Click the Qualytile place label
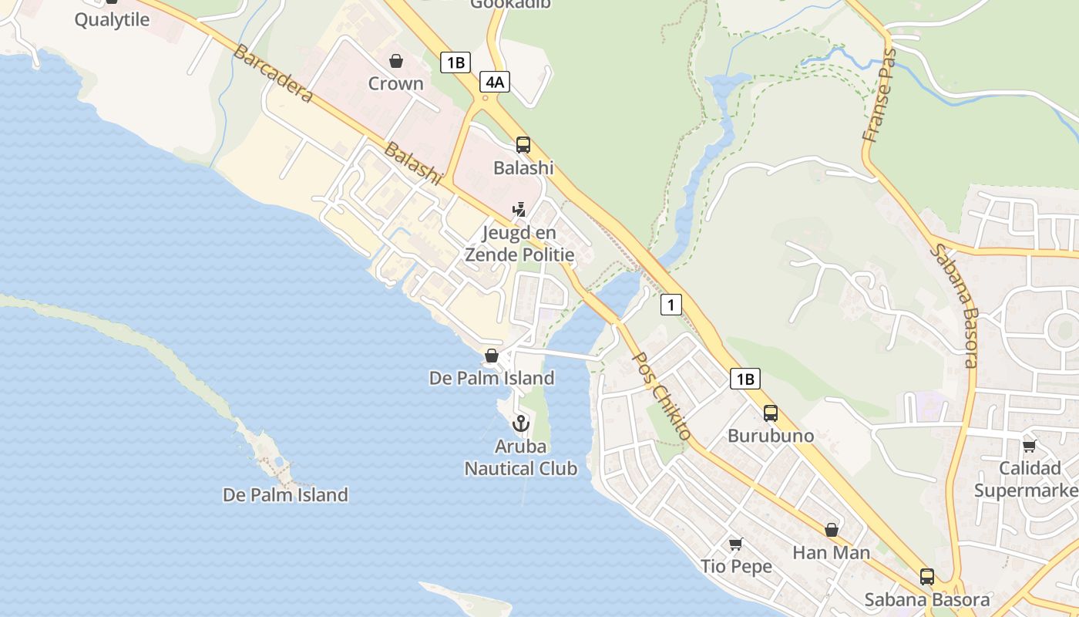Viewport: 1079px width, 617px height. pos(112,20)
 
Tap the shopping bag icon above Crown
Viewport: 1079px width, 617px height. pos(396,61)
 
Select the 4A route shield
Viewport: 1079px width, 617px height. pos(494,82)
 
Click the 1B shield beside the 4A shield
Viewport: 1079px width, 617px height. pos(455,62)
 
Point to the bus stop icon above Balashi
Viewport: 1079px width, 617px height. pos(523,145)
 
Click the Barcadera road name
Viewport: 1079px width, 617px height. pos(273,73)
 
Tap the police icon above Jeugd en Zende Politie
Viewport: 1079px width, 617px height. pos(520,209)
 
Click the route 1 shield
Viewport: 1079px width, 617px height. pos(671,305)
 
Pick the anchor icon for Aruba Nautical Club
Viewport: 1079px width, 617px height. pos(521,423)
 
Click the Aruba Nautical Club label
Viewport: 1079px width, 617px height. pos(521,457)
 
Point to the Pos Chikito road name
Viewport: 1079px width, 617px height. pos(661,396)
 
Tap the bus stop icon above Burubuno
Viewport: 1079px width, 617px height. pos(770,413)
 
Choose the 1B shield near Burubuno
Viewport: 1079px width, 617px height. pos(745,379)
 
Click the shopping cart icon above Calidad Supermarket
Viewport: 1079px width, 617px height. pos(1029,446)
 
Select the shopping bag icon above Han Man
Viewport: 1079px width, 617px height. pos(832,530)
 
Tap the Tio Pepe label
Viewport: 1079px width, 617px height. pos(736,567)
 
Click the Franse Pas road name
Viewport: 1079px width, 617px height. pos(880,96)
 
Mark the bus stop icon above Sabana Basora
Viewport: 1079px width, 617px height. pos(927,577)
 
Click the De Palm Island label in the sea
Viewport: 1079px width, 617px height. pos(285,495)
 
